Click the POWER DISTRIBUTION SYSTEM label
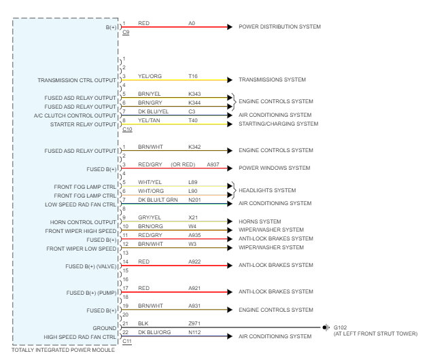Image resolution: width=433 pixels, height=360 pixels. pos(279,27)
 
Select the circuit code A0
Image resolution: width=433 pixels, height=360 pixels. pos(192,23)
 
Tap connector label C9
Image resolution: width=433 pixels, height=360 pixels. pos(126,33)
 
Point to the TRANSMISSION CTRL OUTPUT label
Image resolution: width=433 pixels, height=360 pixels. pos(77,80)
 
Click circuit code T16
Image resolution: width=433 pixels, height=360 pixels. pos(193,76)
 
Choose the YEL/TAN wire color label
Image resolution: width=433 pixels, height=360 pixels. pos(150,120)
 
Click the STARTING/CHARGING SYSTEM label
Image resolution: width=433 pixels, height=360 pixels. pos(278,124)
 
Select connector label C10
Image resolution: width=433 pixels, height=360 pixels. pos(127,129)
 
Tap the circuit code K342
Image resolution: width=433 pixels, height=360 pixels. pos(194,147)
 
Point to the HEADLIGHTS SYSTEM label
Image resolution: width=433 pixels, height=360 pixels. pos(267,190)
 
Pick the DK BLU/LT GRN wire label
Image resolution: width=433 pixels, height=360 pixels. pos(158,200)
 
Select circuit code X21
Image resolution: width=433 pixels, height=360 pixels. pos(193,217)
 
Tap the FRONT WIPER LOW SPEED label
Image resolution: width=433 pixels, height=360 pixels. pos(81,249)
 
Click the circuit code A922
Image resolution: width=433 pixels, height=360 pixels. pos(194,262)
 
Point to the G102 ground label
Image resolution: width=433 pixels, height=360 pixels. pos(340,327)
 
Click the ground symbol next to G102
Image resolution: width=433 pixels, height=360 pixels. pos(326,327)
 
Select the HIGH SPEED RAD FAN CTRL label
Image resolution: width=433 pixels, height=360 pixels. pos(80,337)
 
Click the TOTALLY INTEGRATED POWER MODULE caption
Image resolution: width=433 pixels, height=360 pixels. pos(63,350)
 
